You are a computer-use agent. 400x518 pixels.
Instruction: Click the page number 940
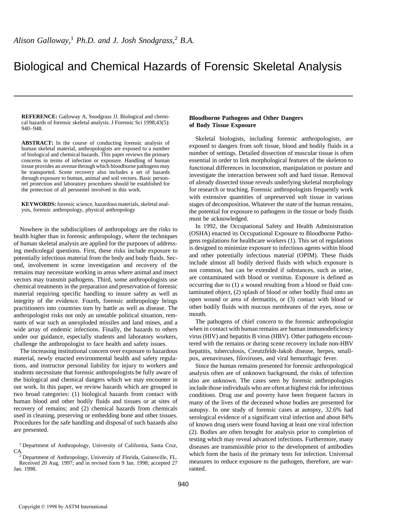(183, 484)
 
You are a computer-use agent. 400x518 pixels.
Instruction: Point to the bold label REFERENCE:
(39, 116)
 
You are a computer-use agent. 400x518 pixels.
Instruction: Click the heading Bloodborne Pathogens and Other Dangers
(246, 118)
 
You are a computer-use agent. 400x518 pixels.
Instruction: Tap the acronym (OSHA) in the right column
(199, 233)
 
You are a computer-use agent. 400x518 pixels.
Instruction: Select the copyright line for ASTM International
(63, 506)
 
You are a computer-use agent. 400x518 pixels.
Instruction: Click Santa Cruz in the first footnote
(164, 445)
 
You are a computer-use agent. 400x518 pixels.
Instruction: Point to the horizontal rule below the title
(183, 96)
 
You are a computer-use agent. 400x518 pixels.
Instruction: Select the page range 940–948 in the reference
(32, 128)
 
